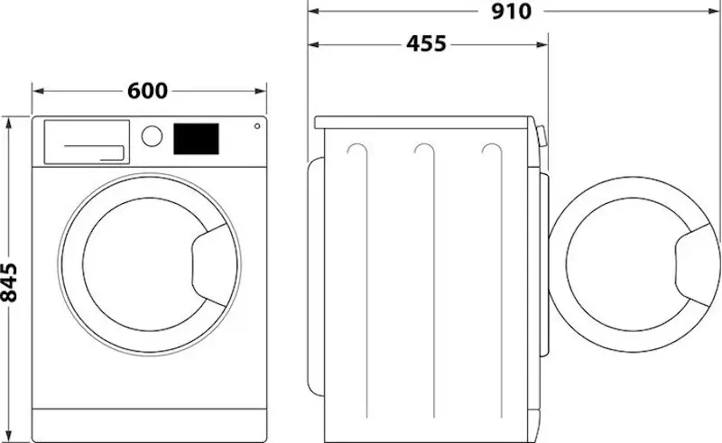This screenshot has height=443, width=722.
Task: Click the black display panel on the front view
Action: pyautogui.click(x=196, y=138)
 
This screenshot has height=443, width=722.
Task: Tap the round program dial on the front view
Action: pyautogui.click(x=153, y=136)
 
